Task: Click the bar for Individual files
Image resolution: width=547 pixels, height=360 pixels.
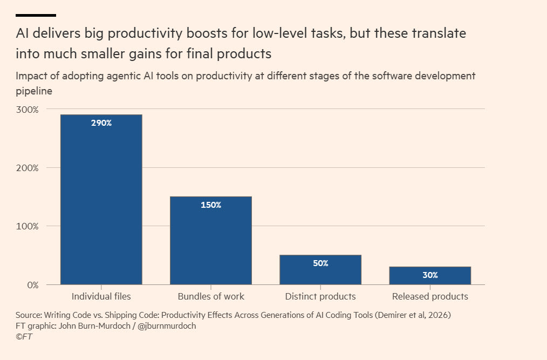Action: (101, 199)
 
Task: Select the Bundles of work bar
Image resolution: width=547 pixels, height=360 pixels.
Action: (211, 241)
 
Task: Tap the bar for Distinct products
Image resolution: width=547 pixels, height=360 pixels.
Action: (320, 269)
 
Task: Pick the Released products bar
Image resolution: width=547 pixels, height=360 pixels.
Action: (430, 275)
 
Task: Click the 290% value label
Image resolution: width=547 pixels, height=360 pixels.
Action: (101, 123)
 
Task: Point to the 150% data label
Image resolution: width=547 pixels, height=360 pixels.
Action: (211, 205)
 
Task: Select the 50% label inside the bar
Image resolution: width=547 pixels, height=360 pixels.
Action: (320, 263)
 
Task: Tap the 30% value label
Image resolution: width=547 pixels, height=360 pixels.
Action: (430, 275)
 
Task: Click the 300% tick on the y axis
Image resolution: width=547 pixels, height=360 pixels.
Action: (27, 110)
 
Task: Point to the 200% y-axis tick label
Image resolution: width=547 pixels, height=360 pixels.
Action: (27, 168)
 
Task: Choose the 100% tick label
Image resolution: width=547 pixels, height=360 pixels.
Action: (27, 226)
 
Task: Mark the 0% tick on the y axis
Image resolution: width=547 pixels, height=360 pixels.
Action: (33, 285)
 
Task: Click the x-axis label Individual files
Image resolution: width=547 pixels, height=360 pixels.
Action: (101, 296)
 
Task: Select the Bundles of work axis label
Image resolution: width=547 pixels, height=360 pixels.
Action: (211, 296)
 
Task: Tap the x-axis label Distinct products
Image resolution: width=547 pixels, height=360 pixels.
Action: (320, 296)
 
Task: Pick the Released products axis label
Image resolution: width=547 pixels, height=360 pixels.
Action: (430, 296)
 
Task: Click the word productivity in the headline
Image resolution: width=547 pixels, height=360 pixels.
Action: (145, 34)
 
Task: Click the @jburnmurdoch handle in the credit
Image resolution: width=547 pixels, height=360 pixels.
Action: (167, 326)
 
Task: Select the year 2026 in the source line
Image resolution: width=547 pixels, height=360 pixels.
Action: (438, 315)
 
